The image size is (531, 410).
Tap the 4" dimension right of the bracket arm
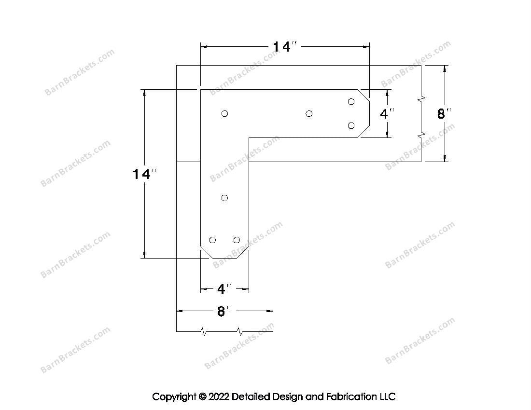(x=387, y=114)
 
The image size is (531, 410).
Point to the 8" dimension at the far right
(x=444, y=114)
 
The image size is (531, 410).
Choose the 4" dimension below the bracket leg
(x=224, y=289)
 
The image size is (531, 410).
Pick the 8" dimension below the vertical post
(x=224, y=312)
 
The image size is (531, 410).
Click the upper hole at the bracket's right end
(x=351, y=101)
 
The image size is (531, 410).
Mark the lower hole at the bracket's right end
(x=351, y=125)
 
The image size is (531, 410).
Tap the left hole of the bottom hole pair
(x=212, y=240)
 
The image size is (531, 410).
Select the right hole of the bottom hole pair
(x=237, y=240)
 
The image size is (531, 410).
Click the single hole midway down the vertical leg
(x=224, y=198)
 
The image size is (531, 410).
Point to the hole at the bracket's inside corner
(x=224, y=113)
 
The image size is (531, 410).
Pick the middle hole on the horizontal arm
(x=309, y=113)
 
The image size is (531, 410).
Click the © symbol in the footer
(x=202, y=397)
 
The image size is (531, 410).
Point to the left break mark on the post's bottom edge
(x=204, y=332)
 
